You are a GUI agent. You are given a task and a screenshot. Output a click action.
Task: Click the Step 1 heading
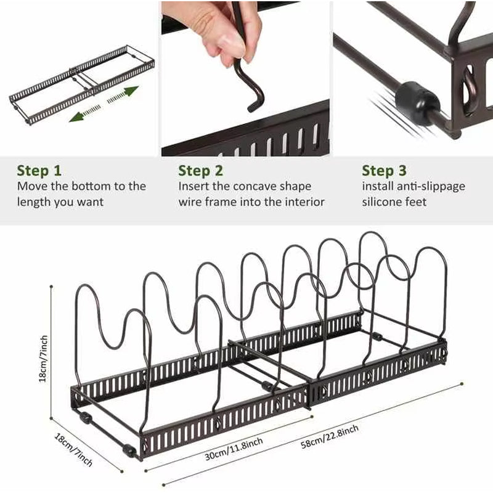tap(40, 170)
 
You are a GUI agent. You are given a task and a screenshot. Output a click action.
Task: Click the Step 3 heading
tap(385, 170)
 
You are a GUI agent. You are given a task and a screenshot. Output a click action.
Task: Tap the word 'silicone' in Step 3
tap(383, 202)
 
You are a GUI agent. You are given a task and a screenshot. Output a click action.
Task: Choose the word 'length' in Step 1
tap(34, 202)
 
